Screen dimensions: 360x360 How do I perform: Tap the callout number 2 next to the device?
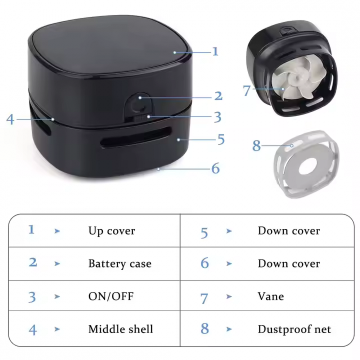click(218, 96)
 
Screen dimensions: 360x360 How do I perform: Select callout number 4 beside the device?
click(10, 119)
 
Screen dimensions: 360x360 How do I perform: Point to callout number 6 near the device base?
click(215, 168)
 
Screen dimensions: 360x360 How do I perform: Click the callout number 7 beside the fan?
click(246, 90)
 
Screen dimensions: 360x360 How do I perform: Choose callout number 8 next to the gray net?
click(256, 145)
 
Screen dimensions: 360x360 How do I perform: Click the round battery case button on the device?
click(137, 105)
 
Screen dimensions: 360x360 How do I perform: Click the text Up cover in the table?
click(112, 231)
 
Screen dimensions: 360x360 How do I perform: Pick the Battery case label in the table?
click(120, 264)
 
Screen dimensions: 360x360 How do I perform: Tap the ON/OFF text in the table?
click(111, 296)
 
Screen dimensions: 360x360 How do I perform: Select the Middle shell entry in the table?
click(121, 329)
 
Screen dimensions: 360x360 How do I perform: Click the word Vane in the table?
click(271, 296)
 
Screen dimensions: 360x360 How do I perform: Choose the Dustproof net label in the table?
click(294, 329)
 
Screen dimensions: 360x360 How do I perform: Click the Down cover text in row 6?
click(289, 264)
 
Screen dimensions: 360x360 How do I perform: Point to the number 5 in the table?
click(204, 233)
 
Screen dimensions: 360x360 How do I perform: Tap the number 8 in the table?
click(204, 329)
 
